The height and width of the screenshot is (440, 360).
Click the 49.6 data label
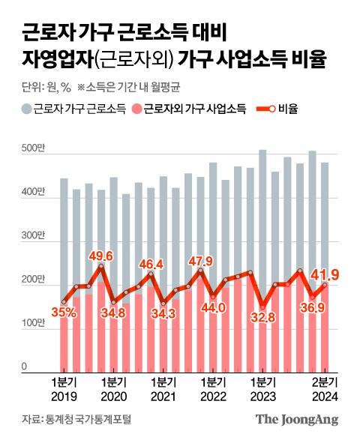click(x=100, y=257)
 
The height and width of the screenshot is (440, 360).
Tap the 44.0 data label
click(x=212, y=307)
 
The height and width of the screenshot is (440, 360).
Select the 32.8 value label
click(x=262, y=318)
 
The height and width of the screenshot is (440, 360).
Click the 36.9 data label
click(x=313, y=308)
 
